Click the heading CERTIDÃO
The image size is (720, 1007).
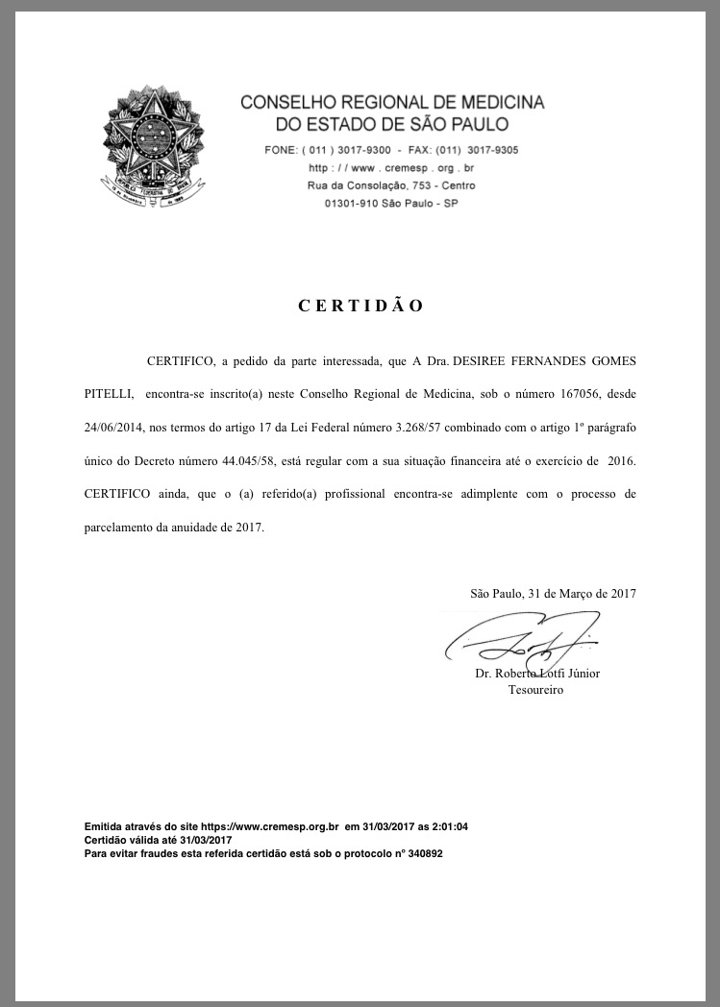tap(360, 307)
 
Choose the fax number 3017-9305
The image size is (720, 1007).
tap(493, 150)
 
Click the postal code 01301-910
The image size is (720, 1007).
tap(353, 203)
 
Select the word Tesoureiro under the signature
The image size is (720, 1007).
tap(535, 690)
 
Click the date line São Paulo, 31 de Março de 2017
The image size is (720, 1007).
tap(553, 594)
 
